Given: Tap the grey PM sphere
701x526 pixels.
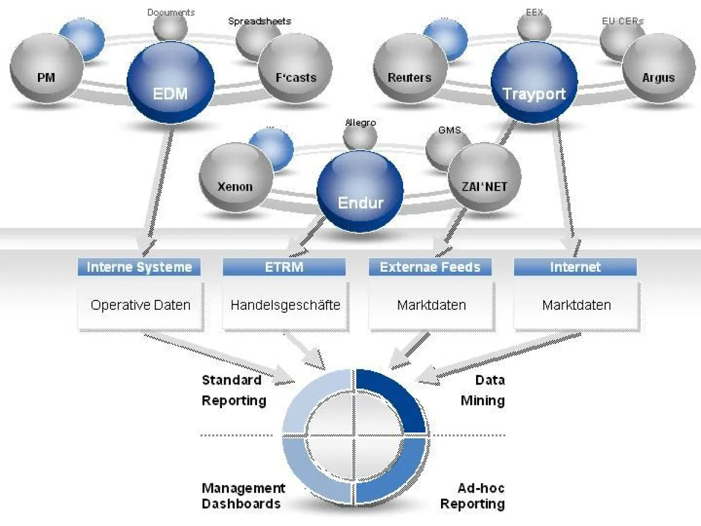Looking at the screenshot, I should click(x=46, y=70).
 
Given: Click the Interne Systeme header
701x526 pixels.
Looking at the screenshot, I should click(x=139, y=267).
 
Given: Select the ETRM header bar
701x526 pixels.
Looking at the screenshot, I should click(x=284, y=267).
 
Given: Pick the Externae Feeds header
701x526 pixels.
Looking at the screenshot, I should click(x=430, y=267).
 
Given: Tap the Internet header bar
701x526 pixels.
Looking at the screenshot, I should click(x=575, y=267).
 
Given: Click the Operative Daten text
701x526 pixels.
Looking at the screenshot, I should click(x=140, y=304).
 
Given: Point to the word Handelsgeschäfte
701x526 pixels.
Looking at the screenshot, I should click(x=285, y=304).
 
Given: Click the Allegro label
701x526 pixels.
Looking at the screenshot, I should click(x=360, y=123).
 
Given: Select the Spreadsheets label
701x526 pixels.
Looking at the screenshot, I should click(x=259, y=22).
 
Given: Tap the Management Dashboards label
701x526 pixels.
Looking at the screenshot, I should click(x=243, y=496).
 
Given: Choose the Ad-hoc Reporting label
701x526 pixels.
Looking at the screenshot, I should click(x=473, y=496).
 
